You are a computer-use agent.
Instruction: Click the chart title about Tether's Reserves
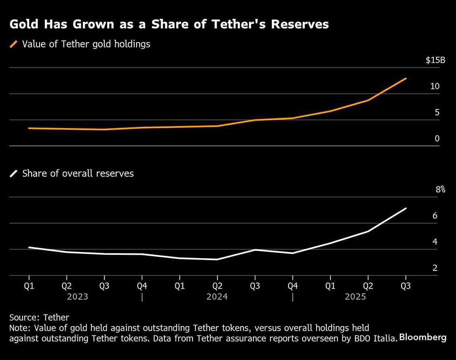click(169, 24)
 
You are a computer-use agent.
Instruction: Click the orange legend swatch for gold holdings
click(14, 44)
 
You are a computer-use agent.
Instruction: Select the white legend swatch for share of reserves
click(14, 174)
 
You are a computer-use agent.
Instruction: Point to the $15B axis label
click(435, 60)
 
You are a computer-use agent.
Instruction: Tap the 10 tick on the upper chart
click(435, 86)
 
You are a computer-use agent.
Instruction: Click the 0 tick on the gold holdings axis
click(437, 139)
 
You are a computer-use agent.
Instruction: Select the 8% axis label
click(440, 189)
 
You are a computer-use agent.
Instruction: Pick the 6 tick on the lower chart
click(435, 216)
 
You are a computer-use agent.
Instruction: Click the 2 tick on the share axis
click(435, 268)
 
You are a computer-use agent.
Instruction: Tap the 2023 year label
click(77, 297)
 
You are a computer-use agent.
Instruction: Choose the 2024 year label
click(217, 297)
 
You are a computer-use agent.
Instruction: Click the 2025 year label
click(355, 297)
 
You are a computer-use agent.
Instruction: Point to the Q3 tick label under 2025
click(406, 286)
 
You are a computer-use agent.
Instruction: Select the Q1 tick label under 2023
click(29, 286)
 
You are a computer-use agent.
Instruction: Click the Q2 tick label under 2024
click(217, 286)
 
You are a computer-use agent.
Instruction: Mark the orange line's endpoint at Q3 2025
click(406, 79)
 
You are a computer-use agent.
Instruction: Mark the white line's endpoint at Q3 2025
click(406, 208)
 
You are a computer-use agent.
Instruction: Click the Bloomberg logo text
click(423, 337)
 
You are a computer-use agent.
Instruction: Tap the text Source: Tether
click(39, 318)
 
